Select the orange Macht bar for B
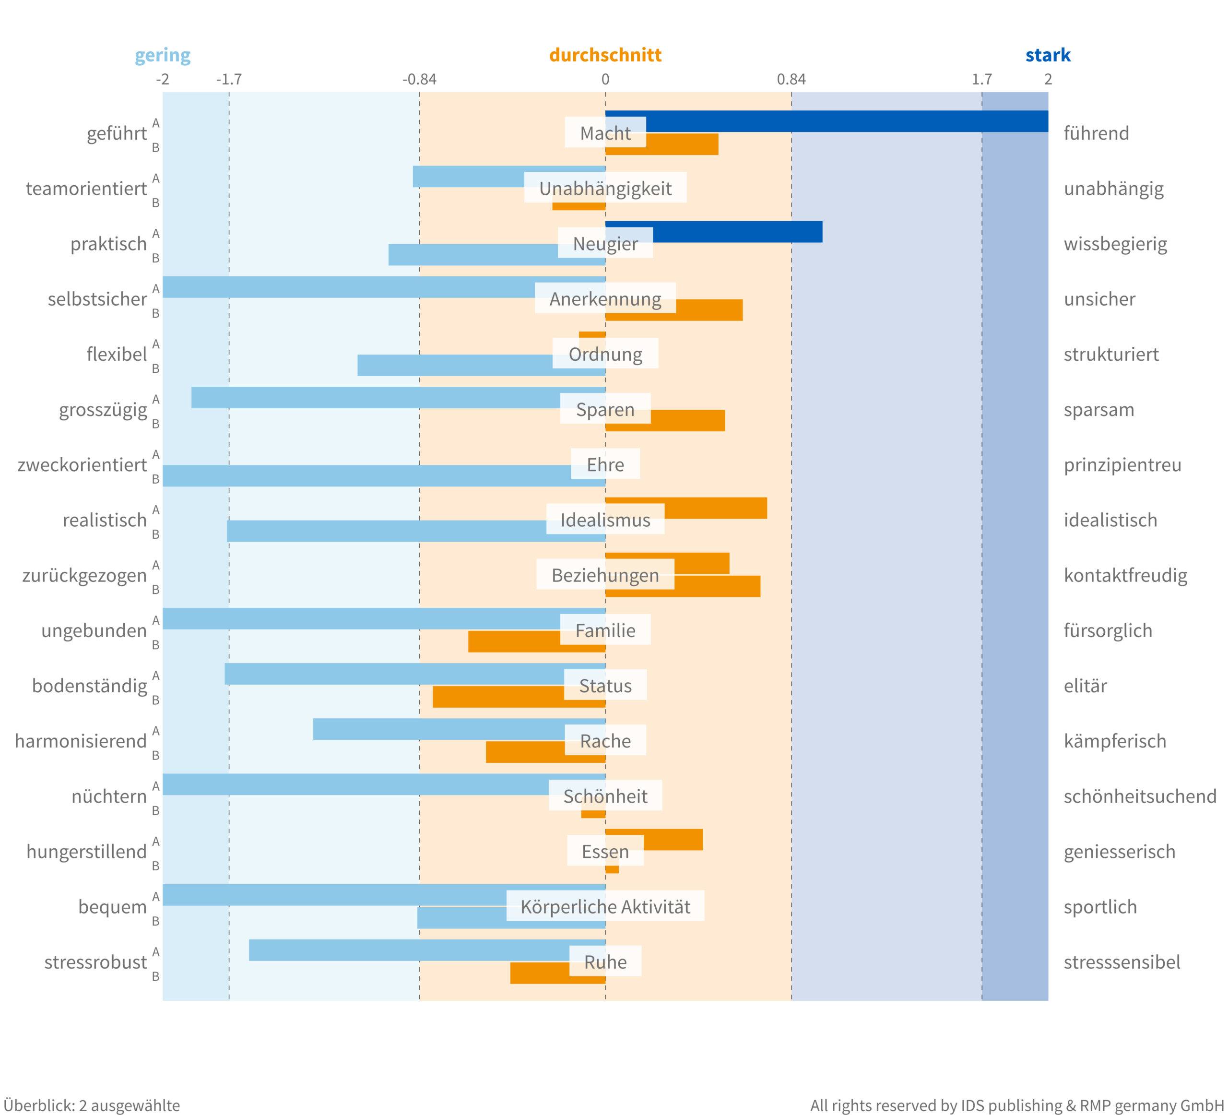[682, 144]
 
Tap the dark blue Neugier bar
[737, 232]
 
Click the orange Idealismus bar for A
[716, 508]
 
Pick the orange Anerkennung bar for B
[709, 310]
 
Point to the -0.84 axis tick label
[419, 79]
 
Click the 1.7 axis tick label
[981, 79]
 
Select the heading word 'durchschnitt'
[605, 55]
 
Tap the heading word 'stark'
[1048, 55]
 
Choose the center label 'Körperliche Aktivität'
[605, 907]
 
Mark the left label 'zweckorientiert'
[82, 465]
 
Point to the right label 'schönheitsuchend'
[1140, 796]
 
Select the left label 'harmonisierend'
[81, 741]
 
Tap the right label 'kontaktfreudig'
[1125, 575]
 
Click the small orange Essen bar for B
[612, 869]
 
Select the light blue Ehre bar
[366, 476]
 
